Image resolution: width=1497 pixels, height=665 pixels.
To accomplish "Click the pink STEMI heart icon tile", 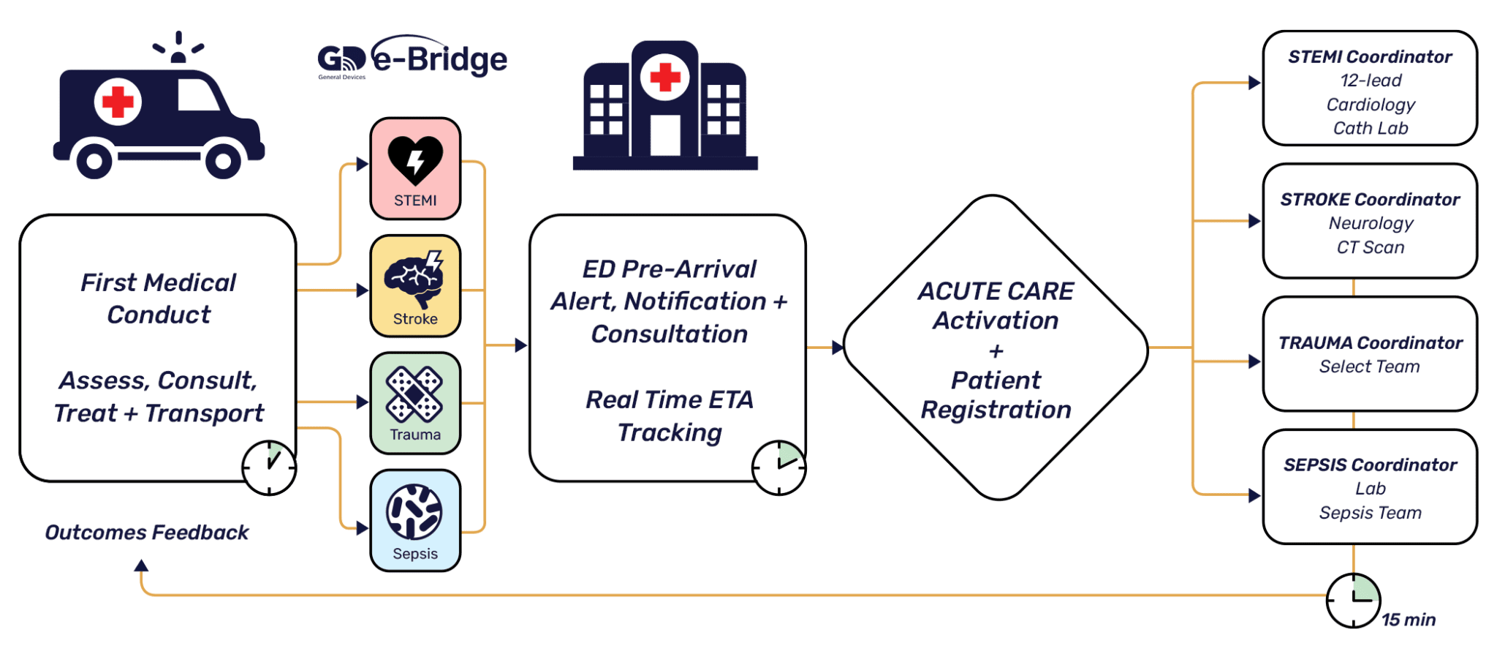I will pos(415,168).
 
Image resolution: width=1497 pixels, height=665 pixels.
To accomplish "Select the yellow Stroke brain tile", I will pos(415,286).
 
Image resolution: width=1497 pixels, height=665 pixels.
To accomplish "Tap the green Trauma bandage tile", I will pos(415,403).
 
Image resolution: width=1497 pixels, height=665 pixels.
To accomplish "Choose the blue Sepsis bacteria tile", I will pos(415,520).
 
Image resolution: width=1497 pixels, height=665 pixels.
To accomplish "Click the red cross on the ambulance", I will pos(118,102).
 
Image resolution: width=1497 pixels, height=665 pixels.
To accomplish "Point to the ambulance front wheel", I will pos(223,161).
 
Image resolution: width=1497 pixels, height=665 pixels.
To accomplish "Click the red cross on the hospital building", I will pos(665,77).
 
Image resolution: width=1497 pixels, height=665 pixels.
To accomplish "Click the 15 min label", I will pos(1409,620).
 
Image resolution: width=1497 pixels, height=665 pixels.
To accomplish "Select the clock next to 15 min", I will pos(1353,601).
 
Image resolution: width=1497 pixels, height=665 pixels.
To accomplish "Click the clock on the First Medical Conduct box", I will pos(269,467).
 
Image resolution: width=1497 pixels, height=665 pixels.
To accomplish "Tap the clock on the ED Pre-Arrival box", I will pos(778,467).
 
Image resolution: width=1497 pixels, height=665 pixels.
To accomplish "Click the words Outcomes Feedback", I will pos(147,533).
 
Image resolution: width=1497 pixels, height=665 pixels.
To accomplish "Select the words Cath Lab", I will pos(1371,129).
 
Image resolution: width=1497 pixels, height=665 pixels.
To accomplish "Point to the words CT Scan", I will pos(1371,247).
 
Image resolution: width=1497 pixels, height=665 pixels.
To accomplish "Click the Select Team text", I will pos(1369,367).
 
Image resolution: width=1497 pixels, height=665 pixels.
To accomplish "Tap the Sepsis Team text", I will pos(1370,513).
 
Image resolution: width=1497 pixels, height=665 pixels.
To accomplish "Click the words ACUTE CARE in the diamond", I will pos(996,291).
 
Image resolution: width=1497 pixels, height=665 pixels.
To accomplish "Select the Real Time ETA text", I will pos(669,400).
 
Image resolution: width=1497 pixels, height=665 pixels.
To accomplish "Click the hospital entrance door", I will pos(665,135).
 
